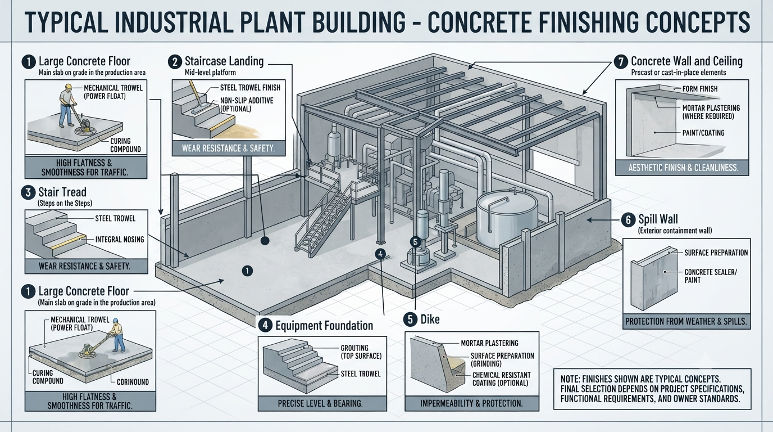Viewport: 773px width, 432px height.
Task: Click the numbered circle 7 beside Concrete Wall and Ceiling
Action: point(621,62)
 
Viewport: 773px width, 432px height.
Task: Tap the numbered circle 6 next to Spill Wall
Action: point(629,220)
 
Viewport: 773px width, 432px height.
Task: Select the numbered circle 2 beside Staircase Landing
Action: point(175,62)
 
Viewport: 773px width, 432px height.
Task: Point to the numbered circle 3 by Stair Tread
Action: point(28,192)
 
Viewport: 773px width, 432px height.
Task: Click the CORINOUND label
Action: point(133,382)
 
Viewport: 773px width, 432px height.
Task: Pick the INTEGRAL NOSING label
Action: point(120,239)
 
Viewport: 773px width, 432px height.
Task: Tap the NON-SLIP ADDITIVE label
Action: point(247,105)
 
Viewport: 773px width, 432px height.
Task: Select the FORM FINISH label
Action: point(700,89)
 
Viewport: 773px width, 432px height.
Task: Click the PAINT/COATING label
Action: point(703,133)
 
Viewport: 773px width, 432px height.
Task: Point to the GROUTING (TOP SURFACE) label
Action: point(361,352)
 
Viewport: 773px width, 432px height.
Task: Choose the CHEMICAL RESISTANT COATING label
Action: point(501,379)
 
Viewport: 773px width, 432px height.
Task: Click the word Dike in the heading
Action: point(430,319)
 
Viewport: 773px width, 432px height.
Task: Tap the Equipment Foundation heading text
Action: point(324,326)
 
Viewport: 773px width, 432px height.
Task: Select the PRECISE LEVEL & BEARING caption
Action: point(320,403)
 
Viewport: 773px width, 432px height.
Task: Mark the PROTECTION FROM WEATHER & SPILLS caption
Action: point(686,322)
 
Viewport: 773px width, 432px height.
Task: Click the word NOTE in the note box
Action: point(570,379)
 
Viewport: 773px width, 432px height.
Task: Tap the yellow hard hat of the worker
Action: point(69,87)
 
